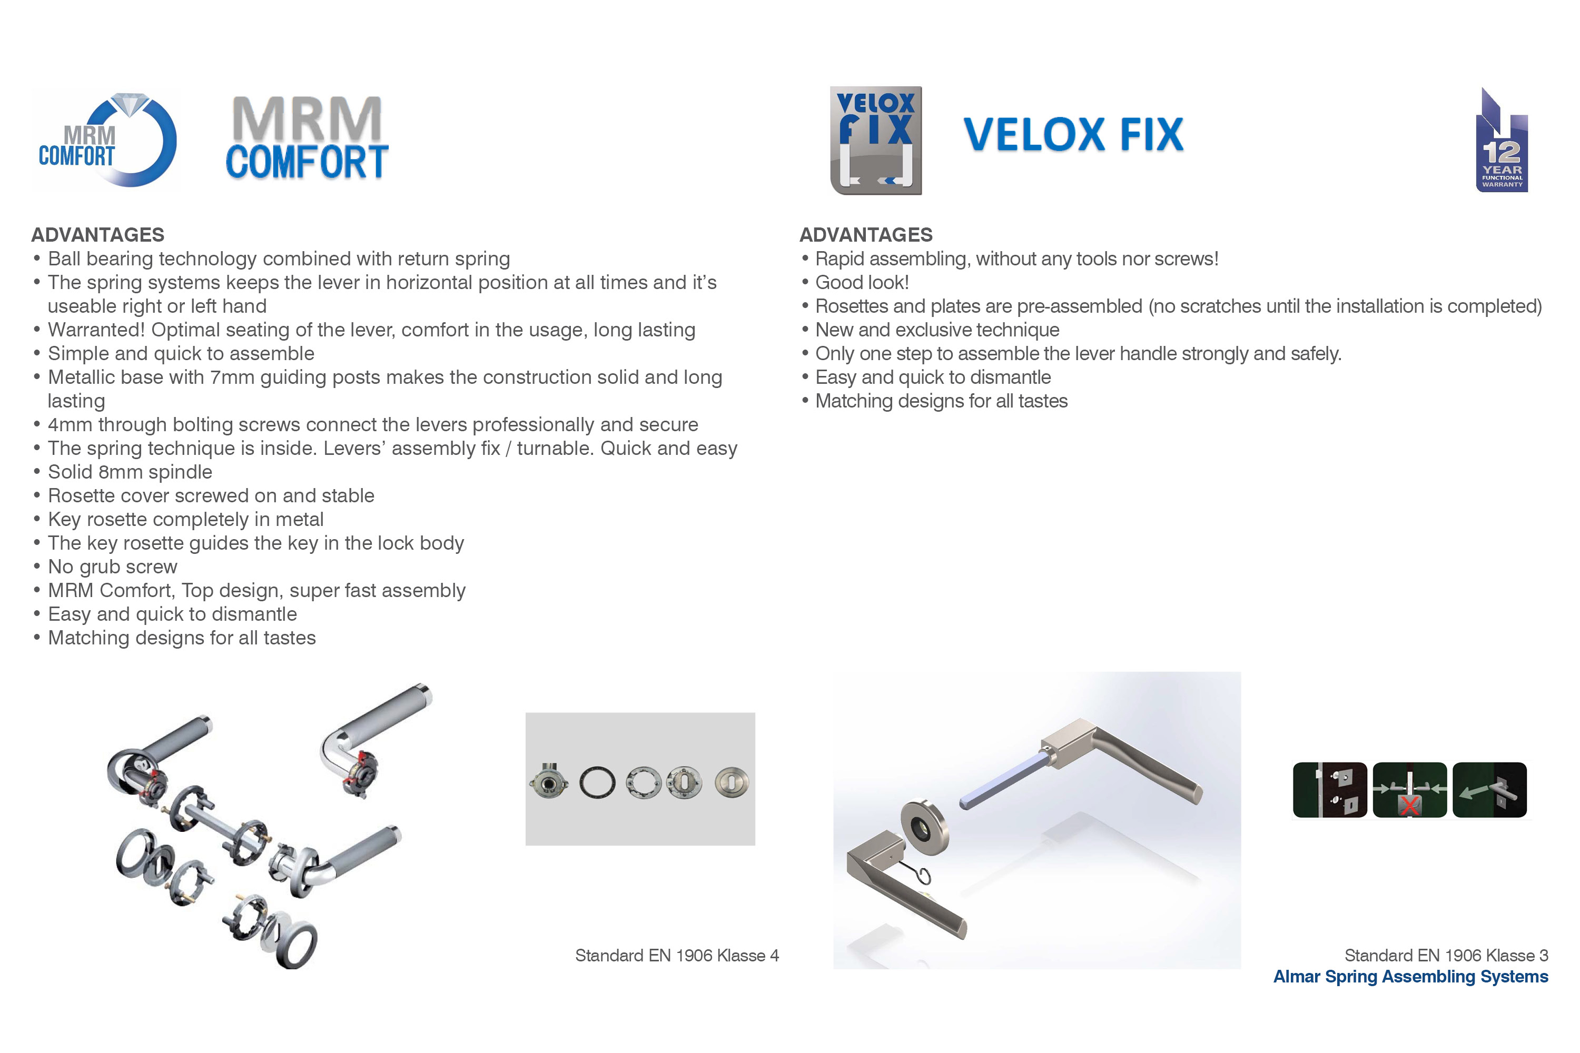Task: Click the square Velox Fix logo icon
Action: [x=876, y=141]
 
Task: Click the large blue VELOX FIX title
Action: [x=1073, y=134]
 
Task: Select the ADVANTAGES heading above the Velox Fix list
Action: [x=866, y=235]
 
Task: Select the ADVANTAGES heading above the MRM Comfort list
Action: [x=97, y=235]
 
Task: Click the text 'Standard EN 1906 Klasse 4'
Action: [x=677, y=956]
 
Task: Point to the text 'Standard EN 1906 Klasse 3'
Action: [x=1446, y=956]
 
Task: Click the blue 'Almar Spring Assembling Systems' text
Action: [x=1411, y=977]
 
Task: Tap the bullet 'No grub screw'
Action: [x=112, y=567]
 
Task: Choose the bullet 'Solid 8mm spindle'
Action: [x=130, y=472]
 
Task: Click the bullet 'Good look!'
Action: [x=862, y=283]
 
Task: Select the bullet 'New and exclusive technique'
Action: [x=937, y=330]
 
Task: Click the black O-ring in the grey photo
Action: [x=597, y=782]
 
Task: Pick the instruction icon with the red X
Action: [x=1409, y=790]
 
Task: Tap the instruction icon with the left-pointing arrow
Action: [x=1489, y=790]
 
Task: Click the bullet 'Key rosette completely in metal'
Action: [x=185, y=519]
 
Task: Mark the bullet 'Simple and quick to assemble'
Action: [x=181, y=353]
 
